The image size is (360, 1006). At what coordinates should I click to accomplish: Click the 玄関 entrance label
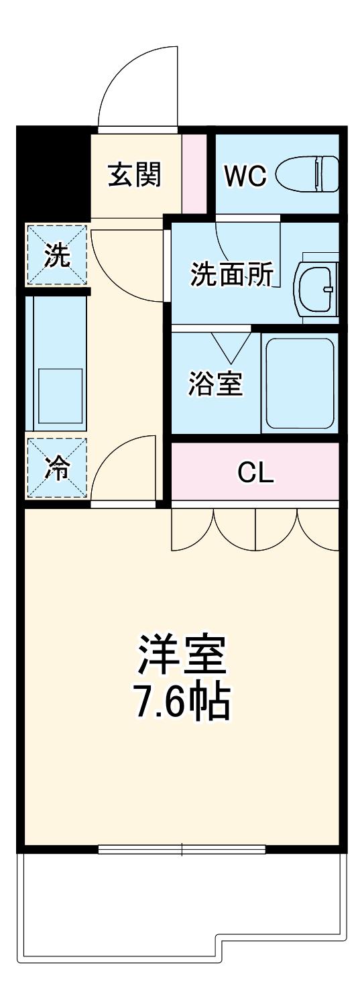pos(134,174)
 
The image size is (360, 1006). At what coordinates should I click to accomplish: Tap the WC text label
pos(245,176)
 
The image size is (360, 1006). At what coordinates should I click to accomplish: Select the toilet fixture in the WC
pos(307,174)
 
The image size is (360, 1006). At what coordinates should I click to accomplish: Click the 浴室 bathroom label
pos(215,383)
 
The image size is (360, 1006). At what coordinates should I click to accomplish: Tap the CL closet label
pos(255,472)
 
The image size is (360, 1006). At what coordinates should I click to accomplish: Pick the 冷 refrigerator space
pos(57,468)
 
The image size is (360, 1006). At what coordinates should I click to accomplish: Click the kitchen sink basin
pos(60,395)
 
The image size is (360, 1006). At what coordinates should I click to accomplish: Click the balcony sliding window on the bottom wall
pos(182,848)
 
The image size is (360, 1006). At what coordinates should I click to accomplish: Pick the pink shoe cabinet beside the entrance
pos(194,173)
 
